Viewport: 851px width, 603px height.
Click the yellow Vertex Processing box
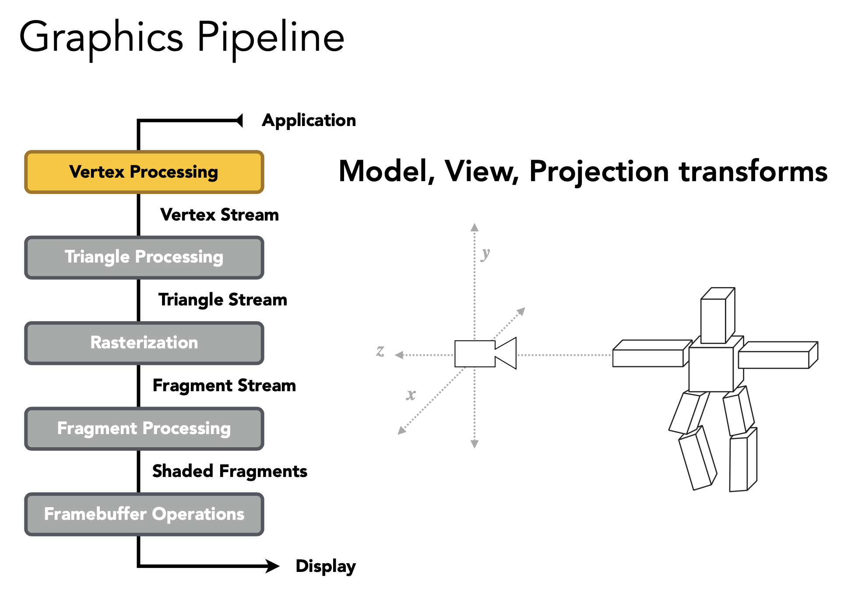point(144,172)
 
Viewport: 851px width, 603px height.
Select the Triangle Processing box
point(144,257)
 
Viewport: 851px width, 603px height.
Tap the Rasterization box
point(144,343)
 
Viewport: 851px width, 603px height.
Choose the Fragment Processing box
point(144,429)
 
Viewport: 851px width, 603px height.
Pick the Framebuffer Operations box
point(144,514)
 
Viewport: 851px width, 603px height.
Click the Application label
point(309,120)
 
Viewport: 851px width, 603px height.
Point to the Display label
point(325,566)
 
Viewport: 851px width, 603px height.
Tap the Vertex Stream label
point(219,215)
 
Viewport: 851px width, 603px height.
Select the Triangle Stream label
point(222,300)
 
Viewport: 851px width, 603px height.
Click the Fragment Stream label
point(224,386)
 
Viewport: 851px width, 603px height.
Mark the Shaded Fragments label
point(229,471)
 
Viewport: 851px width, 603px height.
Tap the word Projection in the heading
point(598,171)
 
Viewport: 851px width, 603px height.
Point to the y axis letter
point(485,253)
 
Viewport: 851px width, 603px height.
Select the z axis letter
point(380,351)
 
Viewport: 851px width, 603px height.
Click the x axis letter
point(411,395)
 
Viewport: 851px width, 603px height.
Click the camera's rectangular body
point(475,354)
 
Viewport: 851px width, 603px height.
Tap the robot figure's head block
point(714,320)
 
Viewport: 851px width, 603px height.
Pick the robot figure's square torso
point(711,369)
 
